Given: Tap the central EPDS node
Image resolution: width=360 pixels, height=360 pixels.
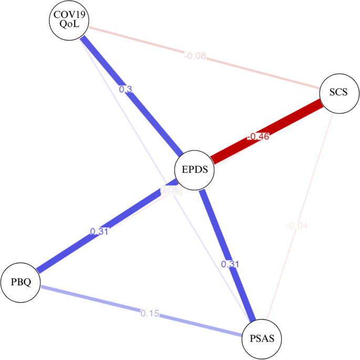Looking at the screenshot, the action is (x=194, y=170).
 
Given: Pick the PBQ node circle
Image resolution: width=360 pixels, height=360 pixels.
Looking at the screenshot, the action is (x=21, y=282).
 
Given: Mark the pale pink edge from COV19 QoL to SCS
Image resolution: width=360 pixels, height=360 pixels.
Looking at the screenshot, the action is (x=252, y=68).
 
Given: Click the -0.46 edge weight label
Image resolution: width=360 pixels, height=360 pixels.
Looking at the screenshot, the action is (x=259, y=137).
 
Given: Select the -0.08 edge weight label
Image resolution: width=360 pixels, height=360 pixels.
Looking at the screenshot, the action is (x=194, y=55).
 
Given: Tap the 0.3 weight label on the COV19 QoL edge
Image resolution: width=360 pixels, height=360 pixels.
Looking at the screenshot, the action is (x=126, y=89).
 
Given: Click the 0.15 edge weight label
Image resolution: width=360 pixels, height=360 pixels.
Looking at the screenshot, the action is (x=149, y=313).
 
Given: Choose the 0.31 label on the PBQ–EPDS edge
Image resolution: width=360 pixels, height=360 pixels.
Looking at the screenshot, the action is (x=99, y=231).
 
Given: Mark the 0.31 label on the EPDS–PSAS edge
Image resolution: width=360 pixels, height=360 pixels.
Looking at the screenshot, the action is (x=230, y=264).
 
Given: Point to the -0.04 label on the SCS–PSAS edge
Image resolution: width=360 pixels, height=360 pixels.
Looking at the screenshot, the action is (x=297, y=226).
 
